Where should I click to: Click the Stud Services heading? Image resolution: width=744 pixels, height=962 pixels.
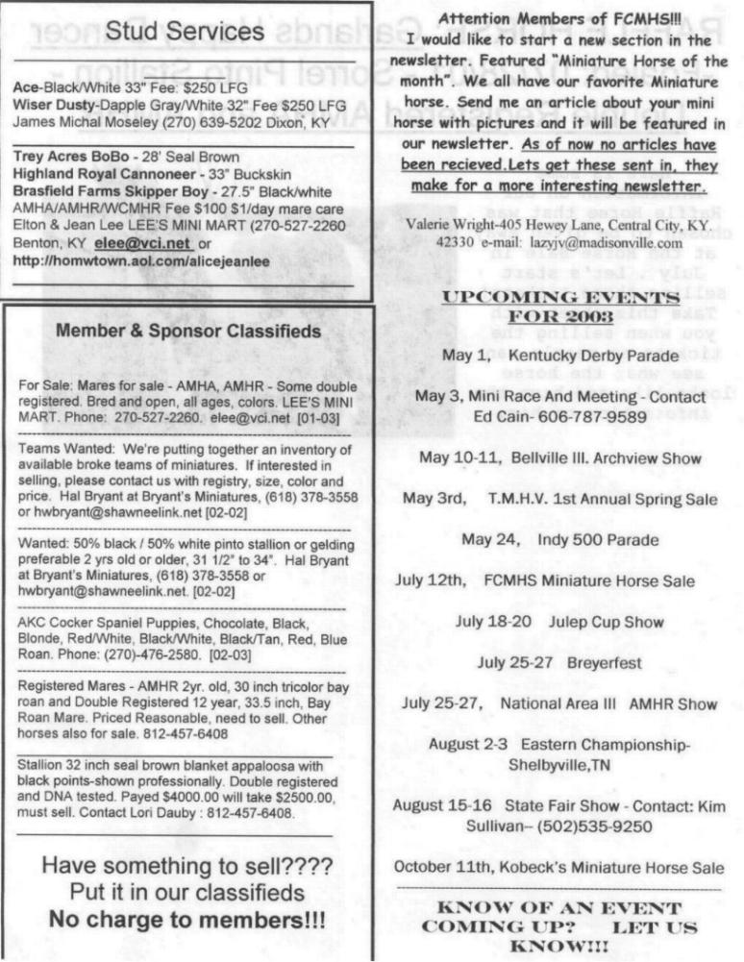(186, 32)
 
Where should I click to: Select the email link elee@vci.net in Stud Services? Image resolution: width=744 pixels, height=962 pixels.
(141, 244)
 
